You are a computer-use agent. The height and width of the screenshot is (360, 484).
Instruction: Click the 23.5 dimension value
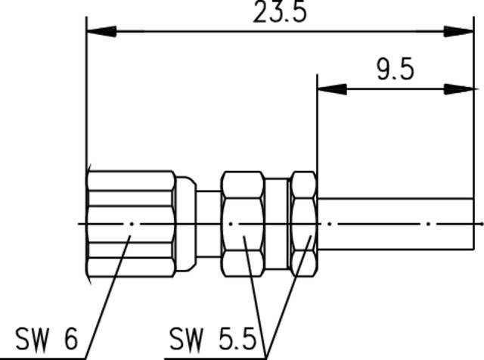click(279, 13)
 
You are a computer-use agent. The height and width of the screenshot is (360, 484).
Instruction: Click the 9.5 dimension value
click(394, 70)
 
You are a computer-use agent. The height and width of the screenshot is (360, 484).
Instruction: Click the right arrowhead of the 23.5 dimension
click(458, 32)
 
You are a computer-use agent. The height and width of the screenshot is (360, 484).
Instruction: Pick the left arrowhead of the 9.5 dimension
click(332, 89)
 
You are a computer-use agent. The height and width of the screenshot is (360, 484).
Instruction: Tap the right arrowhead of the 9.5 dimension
click(458, 89)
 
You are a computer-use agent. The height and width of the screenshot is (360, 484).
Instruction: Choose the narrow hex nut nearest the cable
click(304, 222)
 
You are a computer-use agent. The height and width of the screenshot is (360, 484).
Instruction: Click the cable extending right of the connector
click(393, 224)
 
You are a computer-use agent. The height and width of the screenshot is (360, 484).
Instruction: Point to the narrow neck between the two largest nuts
click(208, 224)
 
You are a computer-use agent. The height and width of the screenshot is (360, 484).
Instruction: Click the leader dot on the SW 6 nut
click(132, 237)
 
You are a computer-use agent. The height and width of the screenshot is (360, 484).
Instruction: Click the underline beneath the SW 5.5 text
click(216, 355)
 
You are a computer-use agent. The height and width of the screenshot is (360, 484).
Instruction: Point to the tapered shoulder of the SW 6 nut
click(185, 224)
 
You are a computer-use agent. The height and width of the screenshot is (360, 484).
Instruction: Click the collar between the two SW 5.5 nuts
click(277, 222)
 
